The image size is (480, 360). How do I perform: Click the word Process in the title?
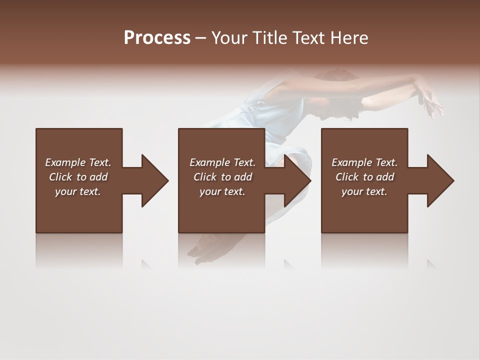click(x=157, y=38)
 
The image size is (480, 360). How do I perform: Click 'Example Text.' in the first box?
click(x=78, y=162)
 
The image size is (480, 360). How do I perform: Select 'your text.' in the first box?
click(x=78, y=191)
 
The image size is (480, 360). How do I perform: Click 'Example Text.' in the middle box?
click(x=222, y=162)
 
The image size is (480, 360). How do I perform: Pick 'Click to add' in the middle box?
click(x=222, y=177)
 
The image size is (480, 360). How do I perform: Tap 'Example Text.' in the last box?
click(x=364, y=162)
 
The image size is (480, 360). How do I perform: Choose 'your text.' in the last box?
click(x=364, y=191)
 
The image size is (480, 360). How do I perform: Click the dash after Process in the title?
click(x=201, y=38)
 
